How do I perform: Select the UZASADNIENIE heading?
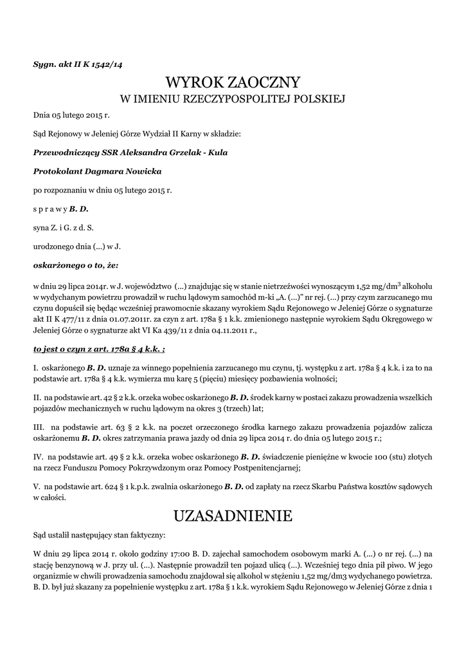point(233,515)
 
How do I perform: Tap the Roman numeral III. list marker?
point(38,427)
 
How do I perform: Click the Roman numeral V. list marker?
point(36,487)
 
